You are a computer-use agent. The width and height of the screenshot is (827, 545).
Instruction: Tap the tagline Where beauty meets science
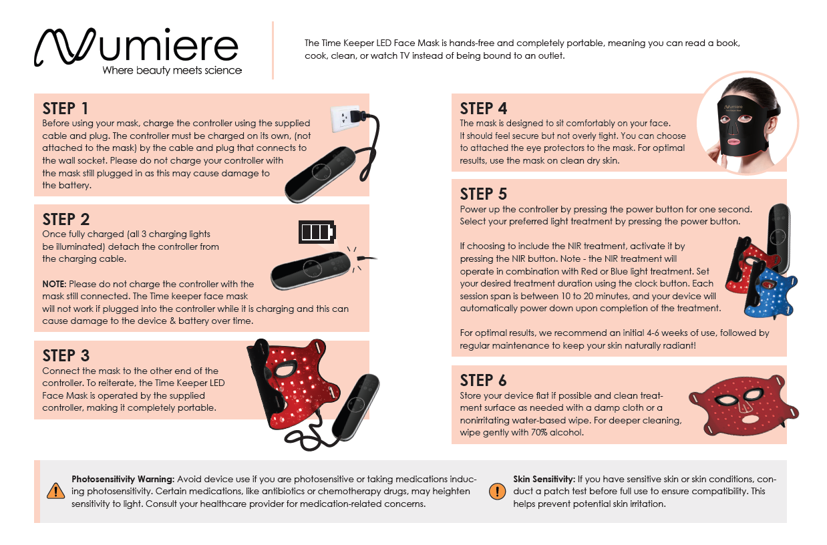pyautogui.click(x=172, y=70)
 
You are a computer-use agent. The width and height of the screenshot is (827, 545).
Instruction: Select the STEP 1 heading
pyautogui.click(x=65, y=108)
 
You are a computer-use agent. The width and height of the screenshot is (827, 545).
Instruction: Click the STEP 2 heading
pyautogui.click(x=66, y=219)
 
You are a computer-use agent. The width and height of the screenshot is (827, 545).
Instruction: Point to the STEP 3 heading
pyautogui.click(x=66, y=355)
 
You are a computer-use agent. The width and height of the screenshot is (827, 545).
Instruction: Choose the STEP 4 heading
pyautogui.click(x=484, y=108)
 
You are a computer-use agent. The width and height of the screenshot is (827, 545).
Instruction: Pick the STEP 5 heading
pyautogui.click(x=484, y=194)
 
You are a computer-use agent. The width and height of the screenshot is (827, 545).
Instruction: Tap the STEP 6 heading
pyautogui.click(x=484, y=380)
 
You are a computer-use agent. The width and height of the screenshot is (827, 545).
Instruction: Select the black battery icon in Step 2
pyautogui.click(x=317, y=232)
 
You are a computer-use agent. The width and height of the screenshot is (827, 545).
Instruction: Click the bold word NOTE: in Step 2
pyautogui.click(x=54, y=285)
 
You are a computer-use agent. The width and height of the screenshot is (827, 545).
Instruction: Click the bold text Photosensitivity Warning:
pyautogui.click(x=123, y=479)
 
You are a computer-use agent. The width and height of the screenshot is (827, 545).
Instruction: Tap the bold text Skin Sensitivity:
pyautogui.click(x=544, y=479)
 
